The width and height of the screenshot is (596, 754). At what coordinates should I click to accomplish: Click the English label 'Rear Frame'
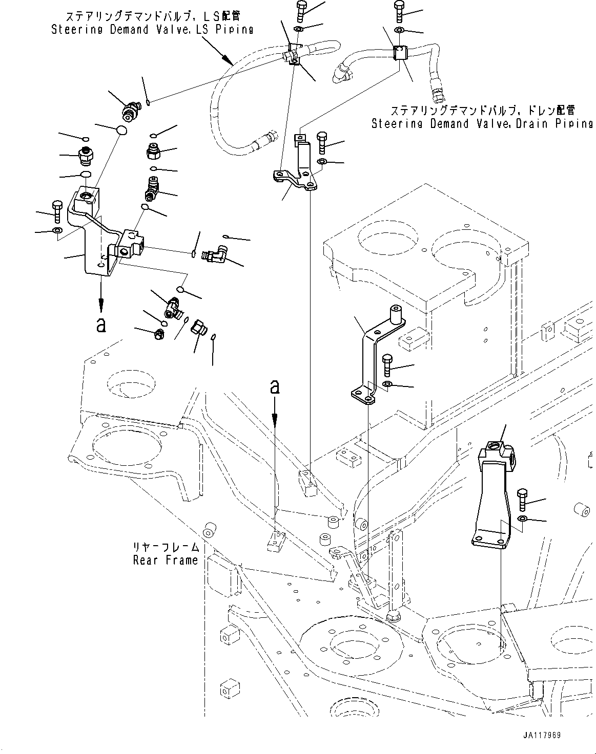point(165,560)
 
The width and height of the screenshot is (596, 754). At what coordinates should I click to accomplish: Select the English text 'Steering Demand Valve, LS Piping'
point(152,30)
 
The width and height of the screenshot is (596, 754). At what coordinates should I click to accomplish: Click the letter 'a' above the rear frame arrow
point(275,387)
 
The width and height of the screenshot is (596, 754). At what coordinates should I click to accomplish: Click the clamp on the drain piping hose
point(399,53)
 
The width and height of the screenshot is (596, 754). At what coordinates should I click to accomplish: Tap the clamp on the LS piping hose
point(293,54)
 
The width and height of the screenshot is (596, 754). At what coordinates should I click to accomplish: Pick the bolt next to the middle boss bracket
point(387,364)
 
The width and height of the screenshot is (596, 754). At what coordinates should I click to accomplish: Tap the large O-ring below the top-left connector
point(121,131)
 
